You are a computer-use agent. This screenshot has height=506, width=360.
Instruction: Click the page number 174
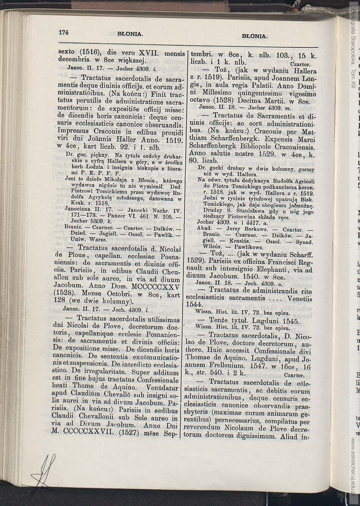[64, 32]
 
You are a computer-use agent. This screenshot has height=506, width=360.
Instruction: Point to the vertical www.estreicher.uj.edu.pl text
[354, 465]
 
